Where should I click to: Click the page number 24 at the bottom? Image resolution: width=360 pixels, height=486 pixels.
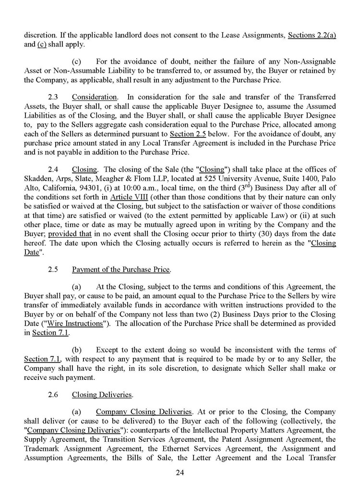tap(180, 472)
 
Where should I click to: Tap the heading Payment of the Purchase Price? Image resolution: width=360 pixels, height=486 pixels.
tap(121, 269)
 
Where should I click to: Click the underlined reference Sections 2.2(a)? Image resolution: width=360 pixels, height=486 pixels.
tap(312, 36)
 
